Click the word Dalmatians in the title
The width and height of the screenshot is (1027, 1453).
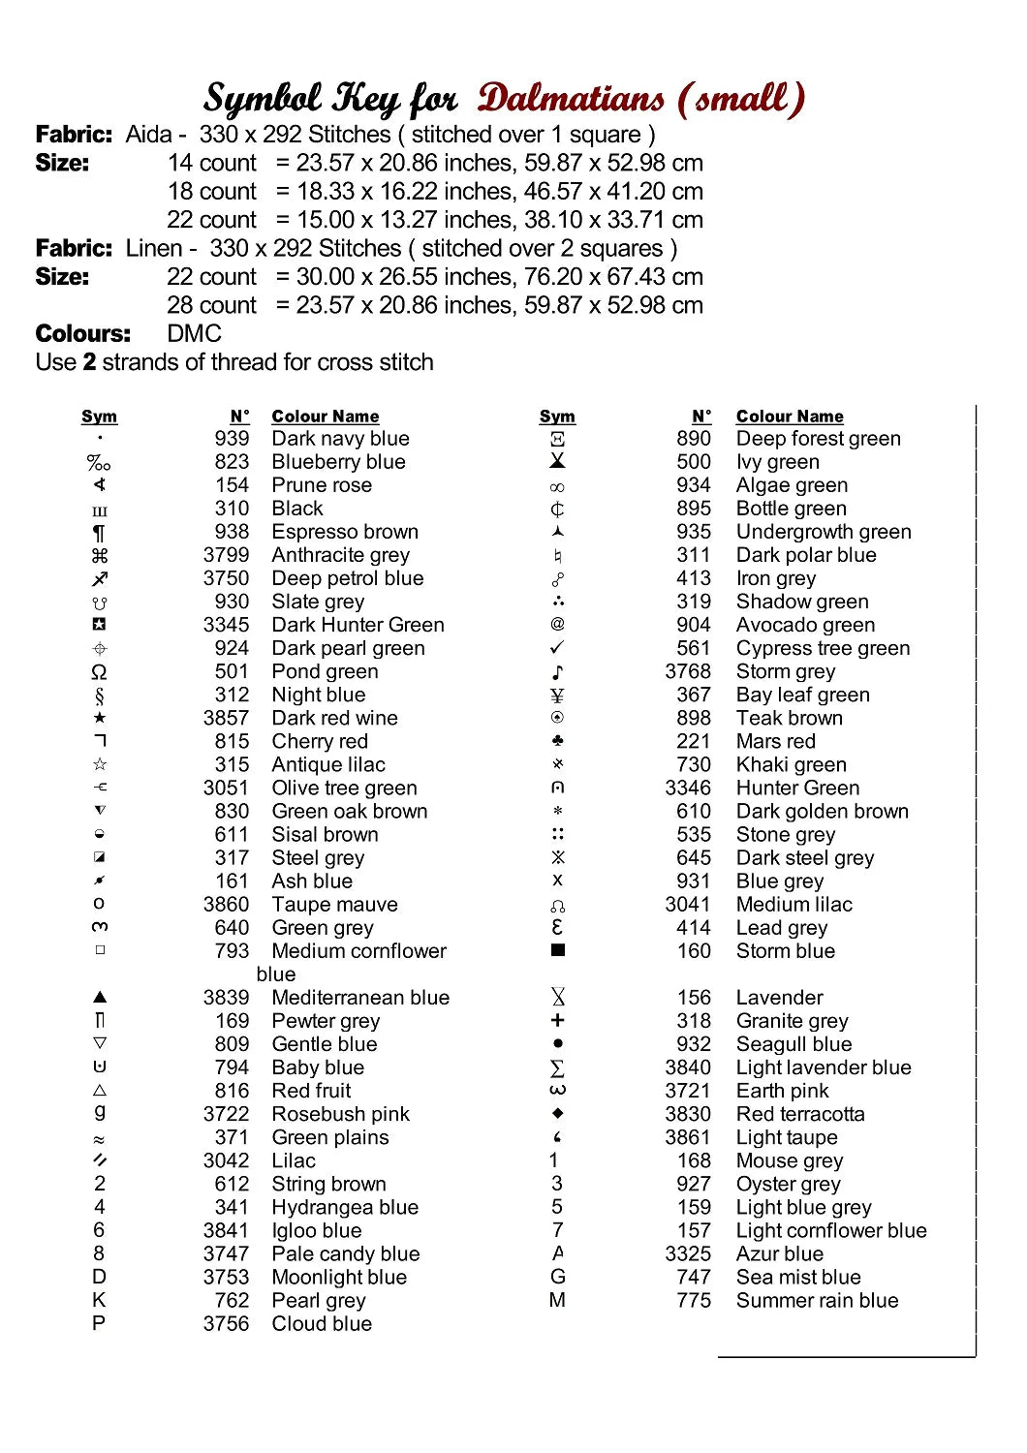(x=571, y=99)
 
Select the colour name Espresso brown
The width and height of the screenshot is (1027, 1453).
(x=345, y=532)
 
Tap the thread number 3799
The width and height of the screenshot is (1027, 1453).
(x=226, y=555)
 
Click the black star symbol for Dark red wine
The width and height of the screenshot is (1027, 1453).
(x=99, y=718)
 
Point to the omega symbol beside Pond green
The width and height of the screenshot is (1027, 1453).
(x=99, y=671)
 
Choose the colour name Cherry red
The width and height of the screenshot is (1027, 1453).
(x=320, y=741)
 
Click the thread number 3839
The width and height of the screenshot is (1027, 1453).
(x=226, y=998)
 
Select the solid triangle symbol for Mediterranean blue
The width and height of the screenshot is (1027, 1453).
(x=99, y=997)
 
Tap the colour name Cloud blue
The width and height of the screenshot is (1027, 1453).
(x=322, y=1323)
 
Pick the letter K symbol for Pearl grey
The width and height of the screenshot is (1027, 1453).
(x=99, y=1300)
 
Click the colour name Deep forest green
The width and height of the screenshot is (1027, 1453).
(x=818, y=439)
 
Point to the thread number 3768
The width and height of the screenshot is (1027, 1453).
(x=688, y=671)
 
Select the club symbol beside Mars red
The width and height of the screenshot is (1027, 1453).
(x=557, y=741)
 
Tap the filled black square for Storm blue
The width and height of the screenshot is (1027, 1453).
(x=557, y=950)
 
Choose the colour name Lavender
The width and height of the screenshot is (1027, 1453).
(x=779, y=998)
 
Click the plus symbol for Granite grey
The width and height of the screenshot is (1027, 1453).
(x=557, y=1020)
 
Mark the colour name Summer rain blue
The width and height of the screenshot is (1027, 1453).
(x=817, y=1300)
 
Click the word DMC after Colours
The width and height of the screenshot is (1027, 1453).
(x=195, y=334)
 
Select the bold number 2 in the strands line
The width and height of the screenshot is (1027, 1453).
(x=89, y=362)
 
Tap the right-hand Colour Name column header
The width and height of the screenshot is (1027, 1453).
(x=790, y=417)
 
